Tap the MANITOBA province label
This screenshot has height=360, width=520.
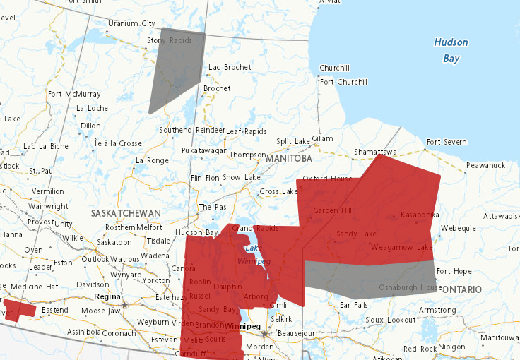tap(289, 159)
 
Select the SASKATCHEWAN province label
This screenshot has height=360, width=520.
tap(126, 212)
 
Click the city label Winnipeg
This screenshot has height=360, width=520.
tap(244, 326)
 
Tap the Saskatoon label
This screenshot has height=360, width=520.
tap(114, 241)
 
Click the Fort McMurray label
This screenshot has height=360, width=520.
tap(73, 94)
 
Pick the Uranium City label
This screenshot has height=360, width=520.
tap(131, 23)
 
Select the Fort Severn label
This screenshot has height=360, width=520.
tap(446, 142)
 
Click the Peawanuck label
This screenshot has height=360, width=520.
tap(486, 164)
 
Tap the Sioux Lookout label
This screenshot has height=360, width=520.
tap(391, 320)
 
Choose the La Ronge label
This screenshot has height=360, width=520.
tap(152, 160)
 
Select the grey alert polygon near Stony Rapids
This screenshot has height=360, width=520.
tap(175, 67)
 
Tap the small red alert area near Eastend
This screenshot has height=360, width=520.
tap(19, 310)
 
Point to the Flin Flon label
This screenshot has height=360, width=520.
tap(205, 178)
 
